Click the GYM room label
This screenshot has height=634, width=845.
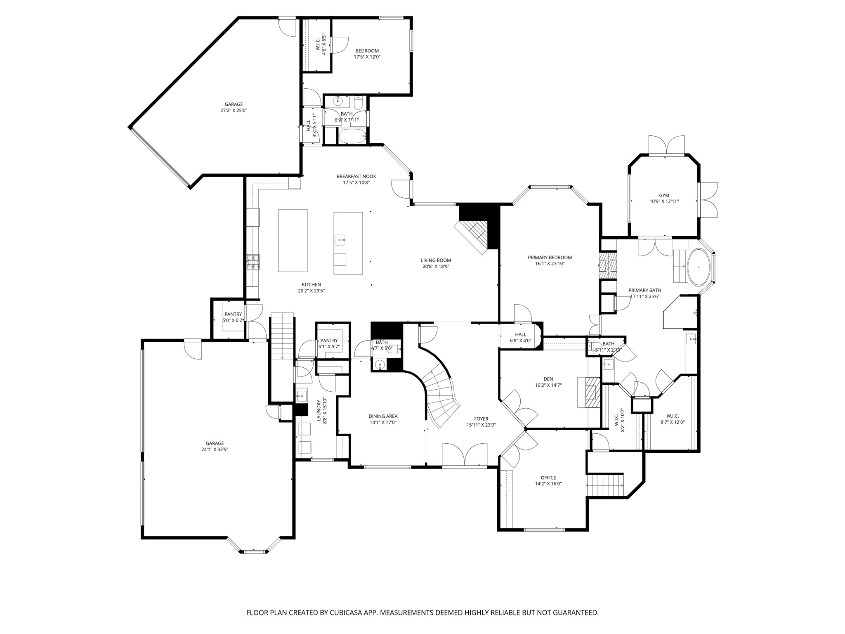click(x=664, y=196)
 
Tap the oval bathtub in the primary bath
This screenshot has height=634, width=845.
click(x=698, y=267)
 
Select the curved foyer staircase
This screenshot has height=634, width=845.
click(x=441, y=396)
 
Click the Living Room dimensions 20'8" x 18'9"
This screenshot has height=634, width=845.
click(x=436, y=267)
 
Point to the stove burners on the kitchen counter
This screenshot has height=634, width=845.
click(x=253, y=262)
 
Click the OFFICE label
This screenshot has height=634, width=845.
click(x=548, y=478)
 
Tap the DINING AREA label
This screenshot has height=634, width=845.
click(x=383, y=416)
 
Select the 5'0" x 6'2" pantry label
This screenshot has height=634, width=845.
click(x=233, y=314)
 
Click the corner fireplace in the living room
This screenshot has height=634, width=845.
click(x=474, y=235)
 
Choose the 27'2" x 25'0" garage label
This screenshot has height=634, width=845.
click(x=234, y=104)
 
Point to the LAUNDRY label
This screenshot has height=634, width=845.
click(x=319, y=410)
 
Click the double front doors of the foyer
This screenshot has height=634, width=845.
click(x=465, y=456)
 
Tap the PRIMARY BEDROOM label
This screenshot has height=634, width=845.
click(x=550, y=258)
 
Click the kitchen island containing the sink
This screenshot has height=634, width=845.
click(x=348, y=243)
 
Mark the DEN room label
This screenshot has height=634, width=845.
click(x=548, y=379)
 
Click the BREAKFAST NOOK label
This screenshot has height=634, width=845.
click(x=356, y=176)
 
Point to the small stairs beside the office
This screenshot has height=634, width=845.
click(x=605, y=486)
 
